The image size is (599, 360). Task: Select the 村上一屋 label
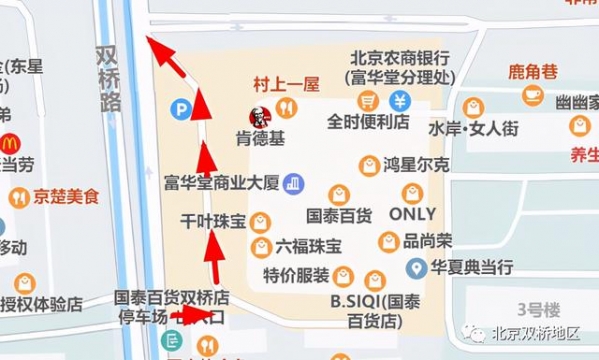pyautogui.click(x=285, y=84)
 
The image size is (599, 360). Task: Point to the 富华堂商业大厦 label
pyautogui.click(x=222, y=183)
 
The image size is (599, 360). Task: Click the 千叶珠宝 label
pyautogui.click(x=212, y=221)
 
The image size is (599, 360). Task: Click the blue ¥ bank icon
pyautogui.click(x=399, y=100)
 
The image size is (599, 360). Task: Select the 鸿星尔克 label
pyautogui.click(x=417, y=164)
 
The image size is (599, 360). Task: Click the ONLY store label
pyautogui.click(x=411, y=214)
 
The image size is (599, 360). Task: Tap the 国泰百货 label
pyautogui.click(x=338, y=214)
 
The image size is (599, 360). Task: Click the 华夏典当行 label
pyautogui.click(x=472, y=268)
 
